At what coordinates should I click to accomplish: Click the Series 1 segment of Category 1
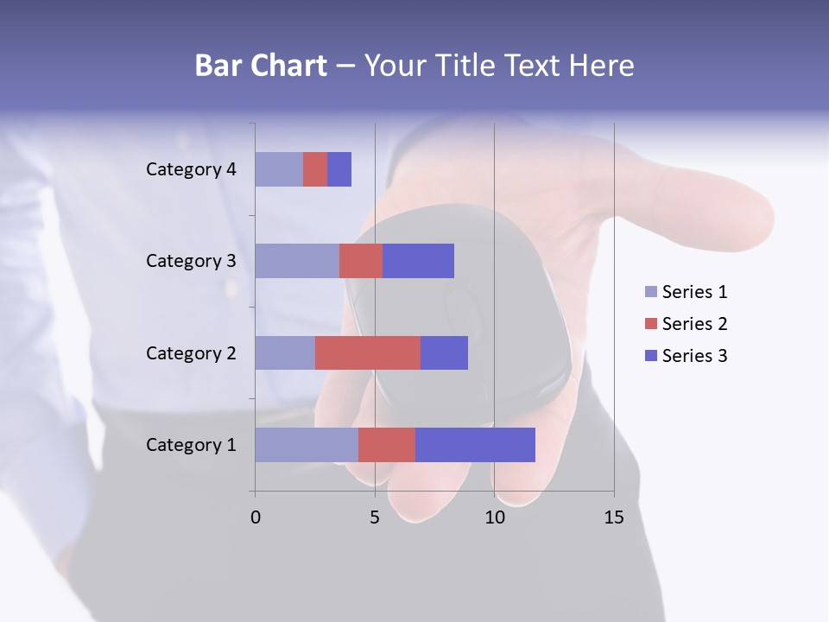[307, 445]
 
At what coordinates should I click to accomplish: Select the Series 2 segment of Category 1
[387, 445]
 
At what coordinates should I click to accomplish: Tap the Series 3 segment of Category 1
[475, 445]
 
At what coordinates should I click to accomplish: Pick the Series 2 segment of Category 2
[368, 352]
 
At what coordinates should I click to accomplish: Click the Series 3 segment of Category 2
[444, 352]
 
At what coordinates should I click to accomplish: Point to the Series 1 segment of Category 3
[297, 261]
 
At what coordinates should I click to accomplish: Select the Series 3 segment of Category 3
[418, 261]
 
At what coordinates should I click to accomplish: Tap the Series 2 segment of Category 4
[315, 169]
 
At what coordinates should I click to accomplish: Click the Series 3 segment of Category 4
[339, 169]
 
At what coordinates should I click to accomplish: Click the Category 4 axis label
[191, 169]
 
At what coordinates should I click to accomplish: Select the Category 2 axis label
[191, 352]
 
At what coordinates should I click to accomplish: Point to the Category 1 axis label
[191, 445]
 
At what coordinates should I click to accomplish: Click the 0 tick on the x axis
[256, 517]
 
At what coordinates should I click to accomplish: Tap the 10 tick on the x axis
[494, 517]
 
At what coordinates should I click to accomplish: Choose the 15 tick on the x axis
[614, 517]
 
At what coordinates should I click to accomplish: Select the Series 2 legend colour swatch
[651, 324]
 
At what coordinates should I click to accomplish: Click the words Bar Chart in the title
[261, 66]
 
